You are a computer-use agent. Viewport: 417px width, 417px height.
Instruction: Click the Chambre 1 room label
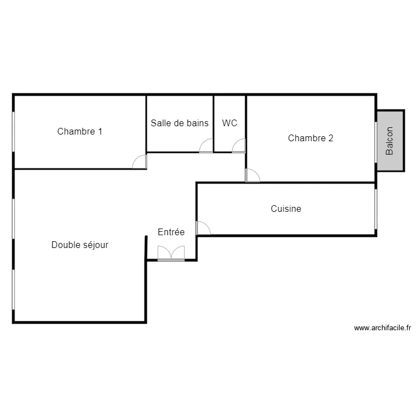(80, 132)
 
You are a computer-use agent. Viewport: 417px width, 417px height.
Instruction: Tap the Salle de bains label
(180, 123)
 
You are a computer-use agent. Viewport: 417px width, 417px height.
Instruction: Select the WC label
(230, 123)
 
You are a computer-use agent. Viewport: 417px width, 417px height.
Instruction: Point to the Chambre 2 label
(310, 138)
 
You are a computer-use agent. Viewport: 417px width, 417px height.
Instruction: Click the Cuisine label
(286, 209)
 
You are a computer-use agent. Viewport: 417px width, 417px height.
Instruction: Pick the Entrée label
(171, 232)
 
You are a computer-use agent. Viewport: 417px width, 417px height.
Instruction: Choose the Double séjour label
(80, 245)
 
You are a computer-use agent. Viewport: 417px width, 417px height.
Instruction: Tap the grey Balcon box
(390, 141)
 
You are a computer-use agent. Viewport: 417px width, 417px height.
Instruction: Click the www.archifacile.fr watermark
(382, 328)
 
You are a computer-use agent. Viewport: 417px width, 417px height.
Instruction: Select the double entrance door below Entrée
(171, 254)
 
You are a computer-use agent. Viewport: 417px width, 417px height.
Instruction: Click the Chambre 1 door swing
(140, 162)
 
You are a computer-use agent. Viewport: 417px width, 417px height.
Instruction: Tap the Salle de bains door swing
(206, 146)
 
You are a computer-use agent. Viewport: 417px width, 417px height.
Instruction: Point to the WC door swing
(239, 146)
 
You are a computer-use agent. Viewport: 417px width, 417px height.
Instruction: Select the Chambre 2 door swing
(252, 175)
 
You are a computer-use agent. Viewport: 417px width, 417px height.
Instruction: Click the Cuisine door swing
(203, 228)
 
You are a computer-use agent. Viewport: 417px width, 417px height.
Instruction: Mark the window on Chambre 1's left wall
(14, 132)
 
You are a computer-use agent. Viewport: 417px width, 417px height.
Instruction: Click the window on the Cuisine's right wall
(376, 209)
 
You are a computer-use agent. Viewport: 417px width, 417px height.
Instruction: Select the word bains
(197, 123)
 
